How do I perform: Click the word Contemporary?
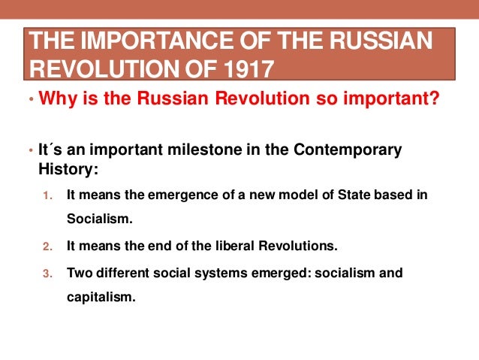tap(351, 150)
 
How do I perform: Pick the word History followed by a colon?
tap(68, 168)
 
